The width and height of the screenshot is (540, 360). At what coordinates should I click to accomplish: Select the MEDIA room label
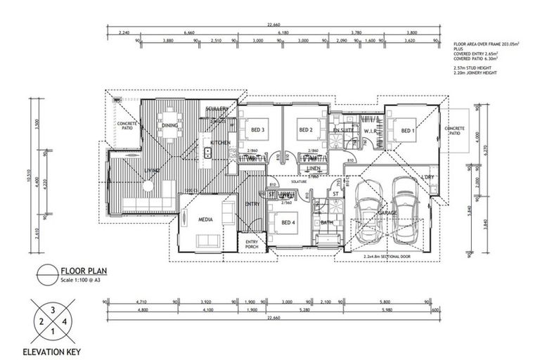pos(205,218)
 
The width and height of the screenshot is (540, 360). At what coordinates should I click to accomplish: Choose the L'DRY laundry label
pos(427,177)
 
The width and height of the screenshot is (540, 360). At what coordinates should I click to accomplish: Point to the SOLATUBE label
pos(283,179)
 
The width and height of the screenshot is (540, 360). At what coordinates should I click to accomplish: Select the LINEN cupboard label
pos(314,169)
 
